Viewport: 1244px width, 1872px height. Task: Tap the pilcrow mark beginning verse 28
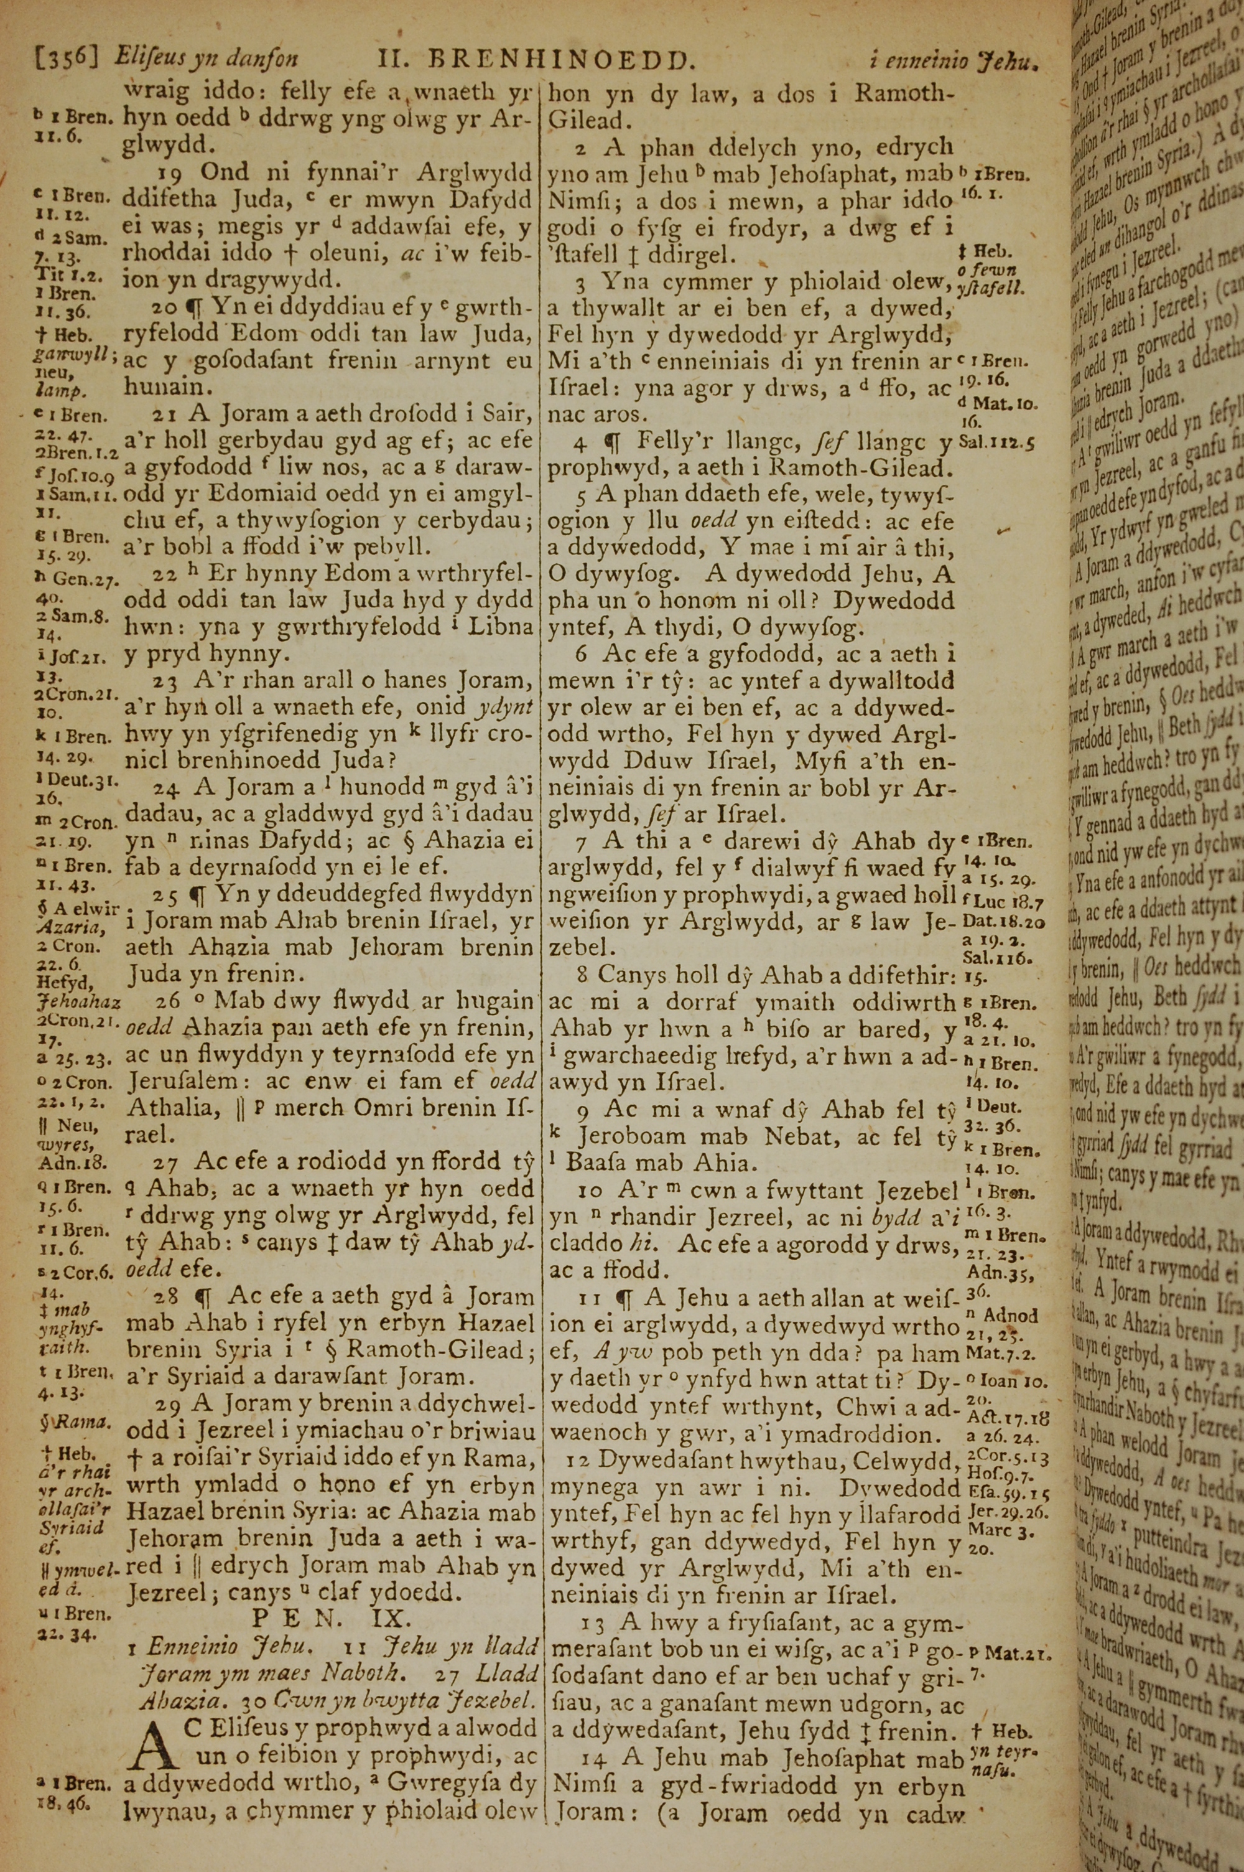point(204,1297)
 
